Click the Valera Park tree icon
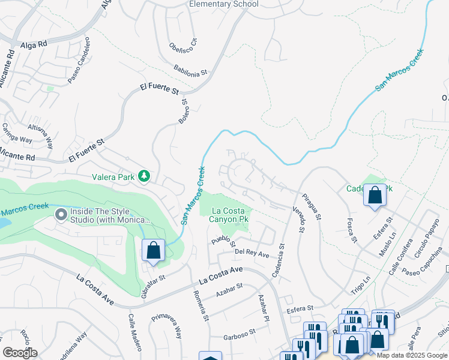(x=143, y=176)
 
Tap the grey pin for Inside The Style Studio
(x=61, y=214)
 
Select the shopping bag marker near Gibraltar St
(x=153, y=251)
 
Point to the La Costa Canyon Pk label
(x=231, y=215)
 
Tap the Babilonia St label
(x=191, y=71)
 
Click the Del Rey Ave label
(x=252, y=254)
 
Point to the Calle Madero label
(x=135, y=332)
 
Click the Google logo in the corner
(x=20, y=353)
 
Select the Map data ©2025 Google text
(x=412, y=355)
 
